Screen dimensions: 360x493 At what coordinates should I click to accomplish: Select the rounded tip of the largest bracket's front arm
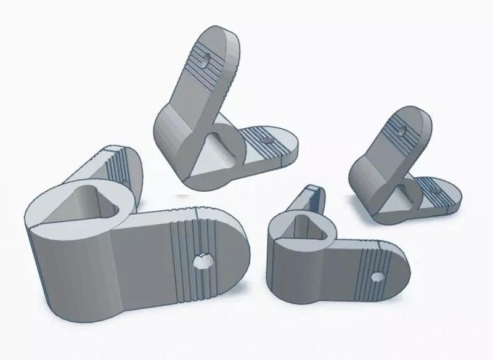[x=237, y=247]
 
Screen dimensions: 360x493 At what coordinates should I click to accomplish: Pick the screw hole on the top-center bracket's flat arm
[x=266, y=141]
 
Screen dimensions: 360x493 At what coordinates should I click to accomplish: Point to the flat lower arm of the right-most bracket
[x=441, y=194]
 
